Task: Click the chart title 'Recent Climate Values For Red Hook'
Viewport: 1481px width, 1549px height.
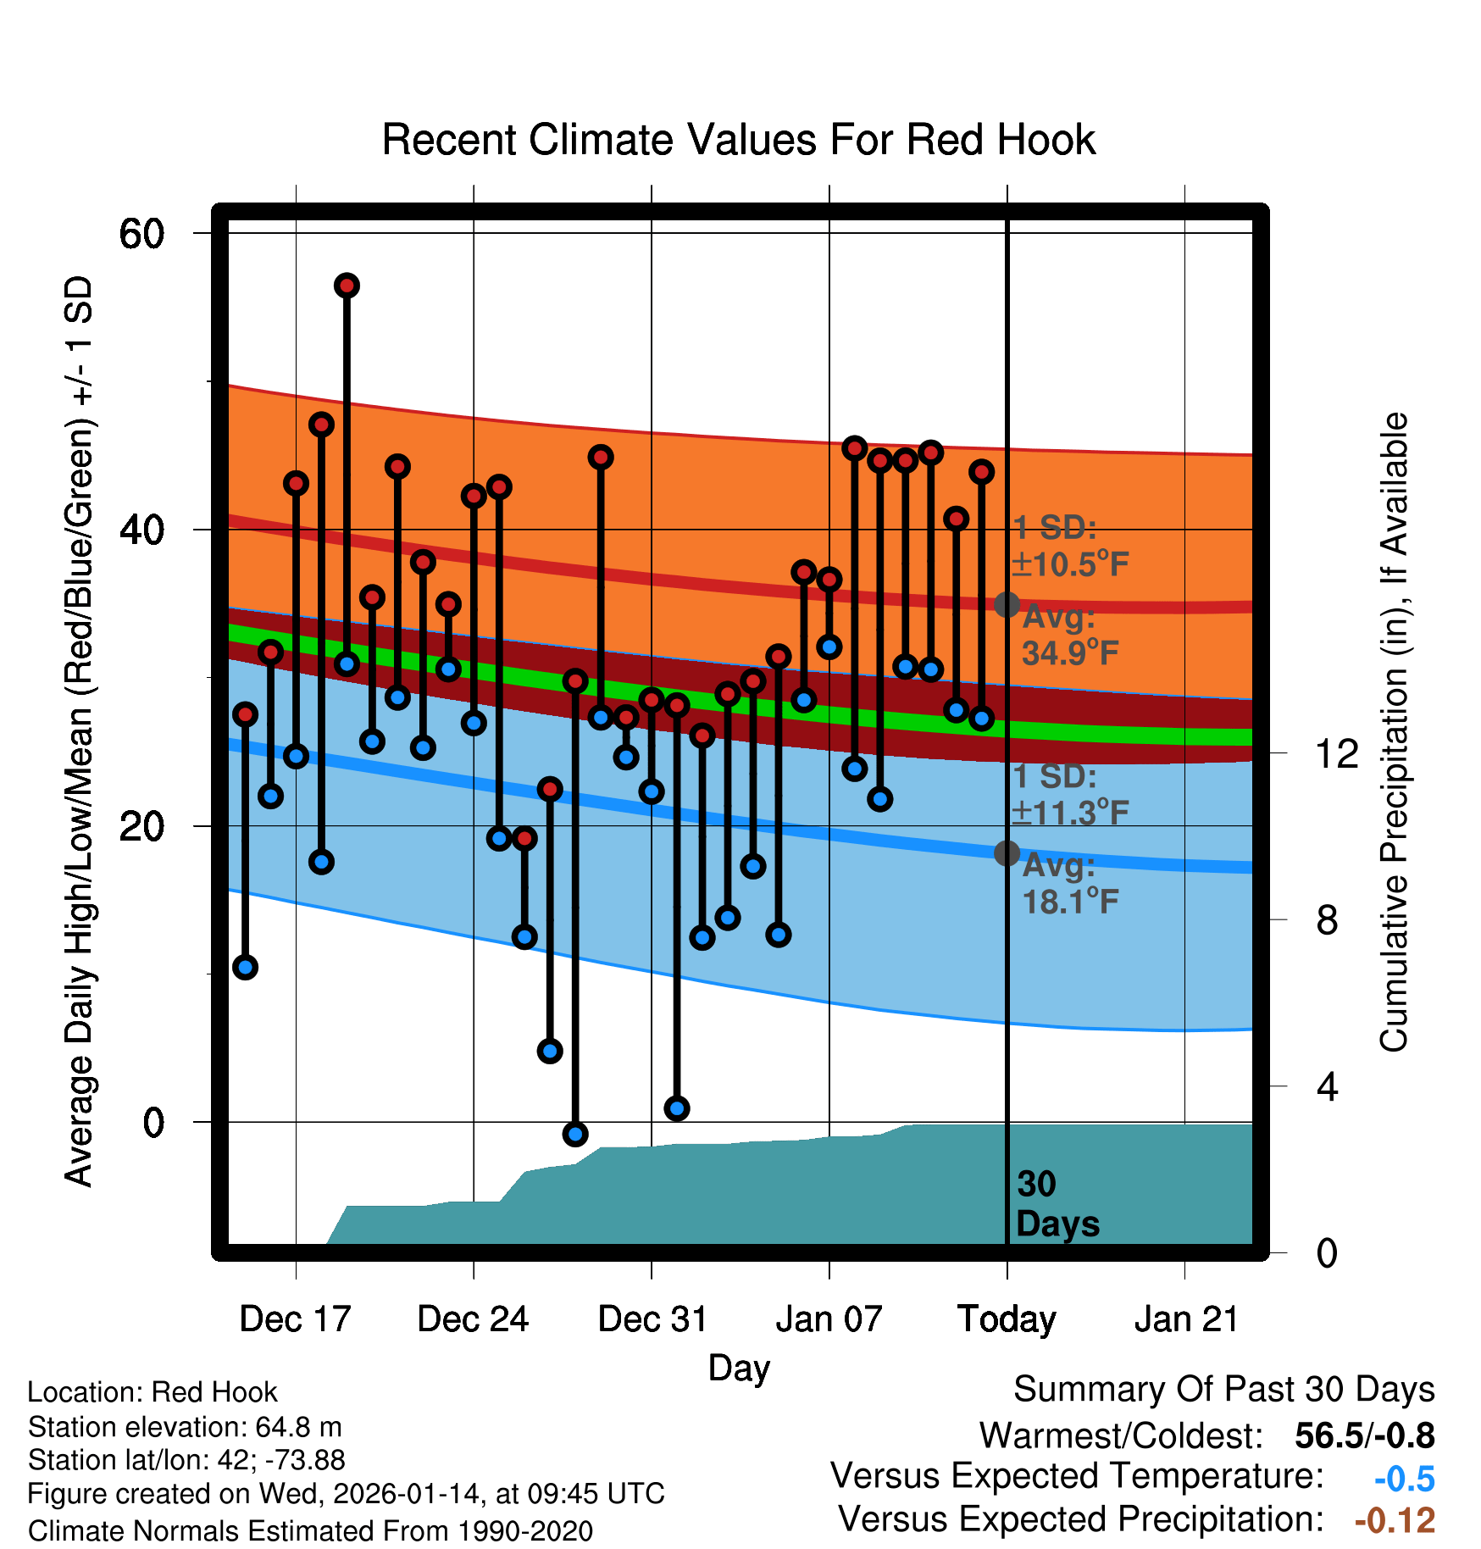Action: pyautogui.click(x=739, y=140)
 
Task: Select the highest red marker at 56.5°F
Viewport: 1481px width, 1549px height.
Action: pyautogui.click(x=347, y=286)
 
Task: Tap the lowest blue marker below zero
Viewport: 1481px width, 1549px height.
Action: pyautogui.click(x=575, y=1134)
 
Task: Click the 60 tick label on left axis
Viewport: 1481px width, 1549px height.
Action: pyautogui.click(x=141, y=234)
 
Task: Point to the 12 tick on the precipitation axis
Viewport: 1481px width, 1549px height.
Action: pyautogui.click(x=1336, y=753)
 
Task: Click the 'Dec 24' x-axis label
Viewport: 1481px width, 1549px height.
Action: pyautogui.click(x=473, y=1319)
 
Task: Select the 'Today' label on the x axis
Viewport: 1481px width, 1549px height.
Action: pyautogui.click(x=1007, y=1319)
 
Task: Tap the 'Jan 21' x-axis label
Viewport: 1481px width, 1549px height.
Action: pyautogui.click(x=1186, y=1319)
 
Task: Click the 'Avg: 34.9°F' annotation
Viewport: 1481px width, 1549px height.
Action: pyautogui.click(x=1069, y=635)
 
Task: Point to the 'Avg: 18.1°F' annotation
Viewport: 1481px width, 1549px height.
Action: pyautogui.click(x=1069, y=884)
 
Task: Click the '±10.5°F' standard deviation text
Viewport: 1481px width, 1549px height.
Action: pyautogui.click(x=1071, y=564)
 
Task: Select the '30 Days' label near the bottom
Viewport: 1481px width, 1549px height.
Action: pyautogui.click(x=1057, y=1204)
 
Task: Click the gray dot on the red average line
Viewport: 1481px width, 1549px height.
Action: pyautogui.click(x=1007, y=604)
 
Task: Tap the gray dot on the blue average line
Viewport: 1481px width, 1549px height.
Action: pyautogui.click(x=1007, y=852)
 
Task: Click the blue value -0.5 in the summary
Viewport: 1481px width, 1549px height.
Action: pyautogui.click(x=1404, y=1479)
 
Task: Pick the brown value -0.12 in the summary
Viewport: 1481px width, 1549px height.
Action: pyautogui.click(x=1395, y=1520)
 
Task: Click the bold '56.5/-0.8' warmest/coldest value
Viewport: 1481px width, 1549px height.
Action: pyautogui.click(x=1364, y=1435)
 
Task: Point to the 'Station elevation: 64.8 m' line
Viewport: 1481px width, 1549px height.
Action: pyautogui.click(x=185, y=1427)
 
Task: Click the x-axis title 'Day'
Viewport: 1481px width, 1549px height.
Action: pyautogui.click(x=739, y=1368)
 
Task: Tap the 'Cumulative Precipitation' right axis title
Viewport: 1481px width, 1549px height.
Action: pyautogui.click(x=1394, y=732)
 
